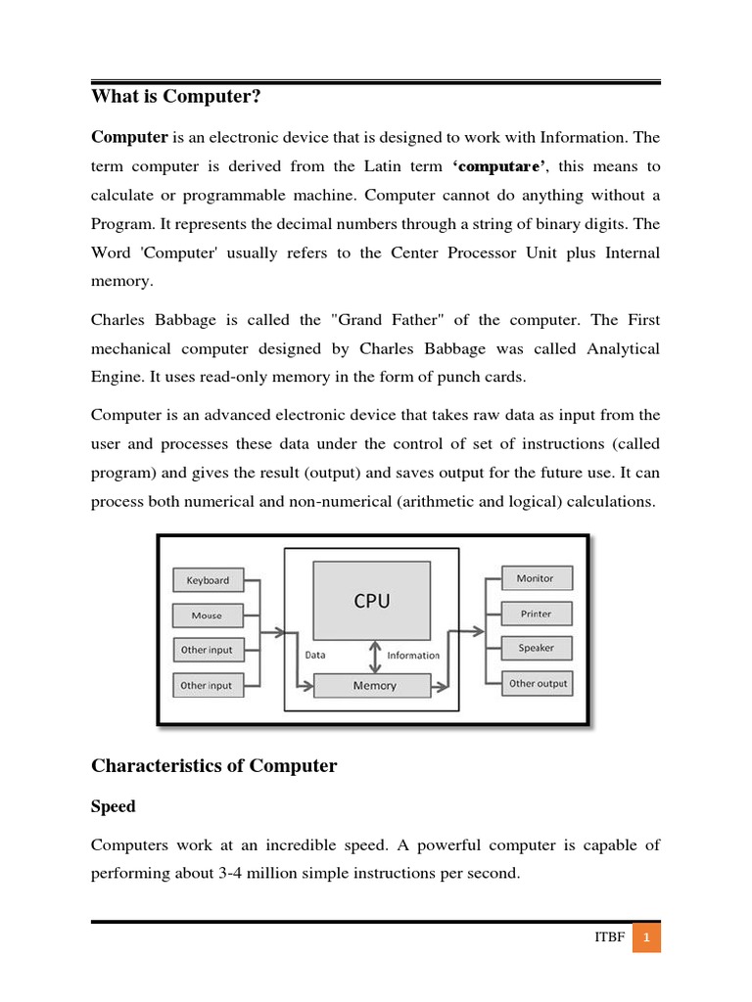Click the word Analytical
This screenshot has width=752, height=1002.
(623, 348)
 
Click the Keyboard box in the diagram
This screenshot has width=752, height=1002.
(208, 580)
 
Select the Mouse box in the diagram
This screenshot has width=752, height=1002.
(208, 615)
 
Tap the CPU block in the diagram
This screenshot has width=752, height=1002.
(371, 601)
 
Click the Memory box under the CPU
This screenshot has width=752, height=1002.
(373, 686)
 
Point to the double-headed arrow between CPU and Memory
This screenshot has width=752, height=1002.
(373, 656)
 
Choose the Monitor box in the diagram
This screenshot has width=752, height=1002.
(536, 578)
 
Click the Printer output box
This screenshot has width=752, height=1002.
(536, 614)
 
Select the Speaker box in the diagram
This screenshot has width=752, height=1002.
(536, 648)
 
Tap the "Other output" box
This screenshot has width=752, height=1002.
(538, 683)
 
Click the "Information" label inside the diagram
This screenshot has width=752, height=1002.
(413, 656)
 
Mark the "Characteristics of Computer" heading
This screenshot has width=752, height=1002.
(213, 766)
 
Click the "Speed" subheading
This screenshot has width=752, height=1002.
(113, 807)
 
